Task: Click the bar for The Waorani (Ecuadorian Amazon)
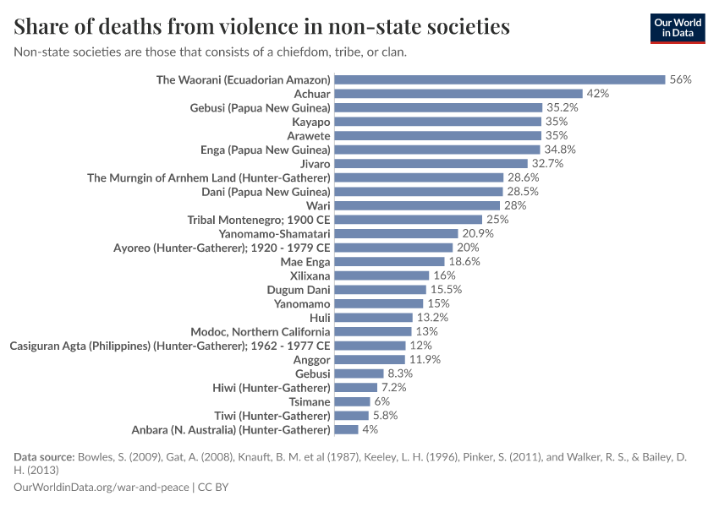pos(499,79)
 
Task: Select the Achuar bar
pos(458,94)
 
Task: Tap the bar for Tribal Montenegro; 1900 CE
pos(408,220)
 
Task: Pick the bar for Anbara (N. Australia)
pos(346,429)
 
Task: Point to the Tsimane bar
pos(352,401)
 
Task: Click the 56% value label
pos(681,79)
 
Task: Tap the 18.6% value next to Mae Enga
pos(464,262)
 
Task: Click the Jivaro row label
pos(315,163)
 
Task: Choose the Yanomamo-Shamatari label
pos(274,233)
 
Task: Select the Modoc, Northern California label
pos(260,331)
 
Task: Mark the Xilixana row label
pos(305,275)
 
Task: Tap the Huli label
pos(320,318)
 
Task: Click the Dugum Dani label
pos(299,290)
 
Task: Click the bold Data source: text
pos(44,457)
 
